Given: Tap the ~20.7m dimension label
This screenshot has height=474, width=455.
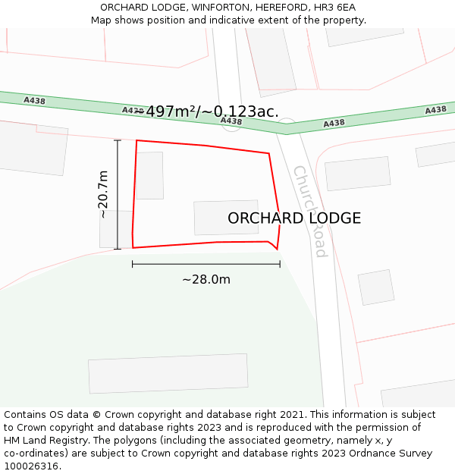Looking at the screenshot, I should point(103,194).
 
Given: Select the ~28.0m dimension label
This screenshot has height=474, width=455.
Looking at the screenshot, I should point(206,279).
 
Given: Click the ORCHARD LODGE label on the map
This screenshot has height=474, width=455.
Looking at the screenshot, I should point(294,218).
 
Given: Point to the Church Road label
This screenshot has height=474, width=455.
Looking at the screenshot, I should point(310,210).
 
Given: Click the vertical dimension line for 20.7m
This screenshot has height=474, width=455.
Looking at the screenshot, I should point(118,194).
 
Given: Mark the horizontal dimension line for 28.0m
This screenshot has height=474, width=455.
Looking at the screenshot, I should point(206,264).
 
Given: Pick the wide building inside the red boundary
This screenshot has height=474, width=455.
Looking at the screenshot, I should point(226,218).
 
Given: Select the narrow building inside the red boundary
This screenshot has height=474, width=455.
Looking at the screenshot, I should point(149,175).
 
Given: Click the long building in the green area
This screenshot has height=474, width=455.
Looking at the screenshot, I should point(168,373).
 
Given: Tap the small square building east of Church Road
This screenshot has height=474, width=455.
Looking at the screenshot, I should point(376,287).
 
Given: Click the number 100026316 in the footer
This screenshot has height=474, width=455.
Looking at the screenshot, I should point(30,466).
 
